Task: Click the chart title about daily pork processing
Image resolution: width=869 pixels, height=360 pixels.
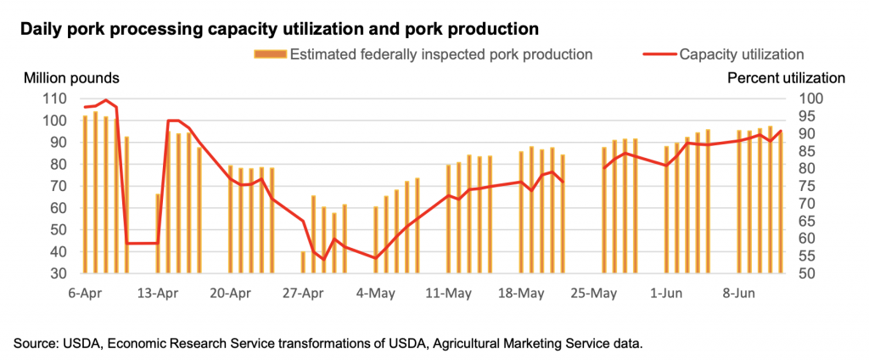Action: tap(279, 29)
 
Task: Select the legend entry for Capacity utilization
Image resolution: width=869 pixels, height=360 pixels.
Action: tap(741, 54)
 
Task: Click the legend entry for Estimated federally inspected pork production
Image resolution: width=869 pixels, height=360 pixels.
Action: tap(440, 54)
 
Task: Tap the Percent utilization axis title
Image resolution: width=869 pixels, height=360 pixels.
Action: tap(786, 78)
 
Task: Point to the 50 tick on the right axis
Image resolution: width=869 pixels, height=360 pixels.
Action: tap(810, 274)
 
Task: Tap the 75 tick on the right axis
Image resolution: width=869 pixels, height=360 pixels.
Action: tap(810, 186)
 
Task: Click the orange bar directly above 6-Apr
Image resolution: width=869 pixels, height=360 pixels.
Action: tap(85, 194)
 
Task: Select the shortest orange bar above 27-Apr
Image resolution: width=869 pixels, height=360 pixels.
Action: tap(303, 262)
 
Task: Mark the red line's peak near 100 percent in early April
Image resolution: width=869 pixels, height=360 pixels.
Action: tap(105, 100)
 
